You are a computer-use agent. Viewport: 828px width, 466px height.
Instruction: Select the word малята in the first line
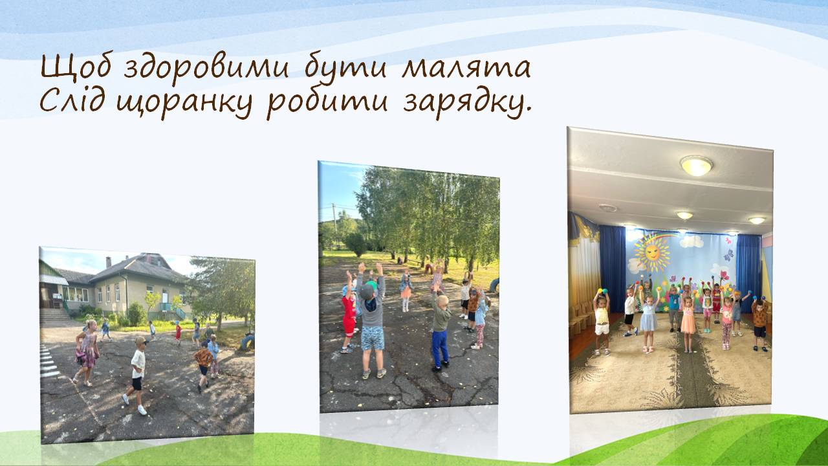(466, 68)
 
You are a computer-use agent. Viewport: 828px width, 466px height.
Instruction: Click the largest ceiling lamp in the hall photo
(696, 166)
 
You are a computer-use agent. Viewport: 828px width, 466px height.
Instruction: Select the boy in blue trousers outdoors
(440, 329)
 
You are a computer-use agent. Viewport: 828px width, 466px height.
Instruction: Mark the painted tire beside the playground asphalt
(247, 342)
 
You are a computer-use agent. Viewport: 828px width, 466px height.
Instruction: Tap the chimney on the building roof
(108, 262)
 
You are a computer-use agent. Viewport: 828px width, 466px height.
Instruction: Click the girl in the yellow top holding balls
(601, 322)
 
